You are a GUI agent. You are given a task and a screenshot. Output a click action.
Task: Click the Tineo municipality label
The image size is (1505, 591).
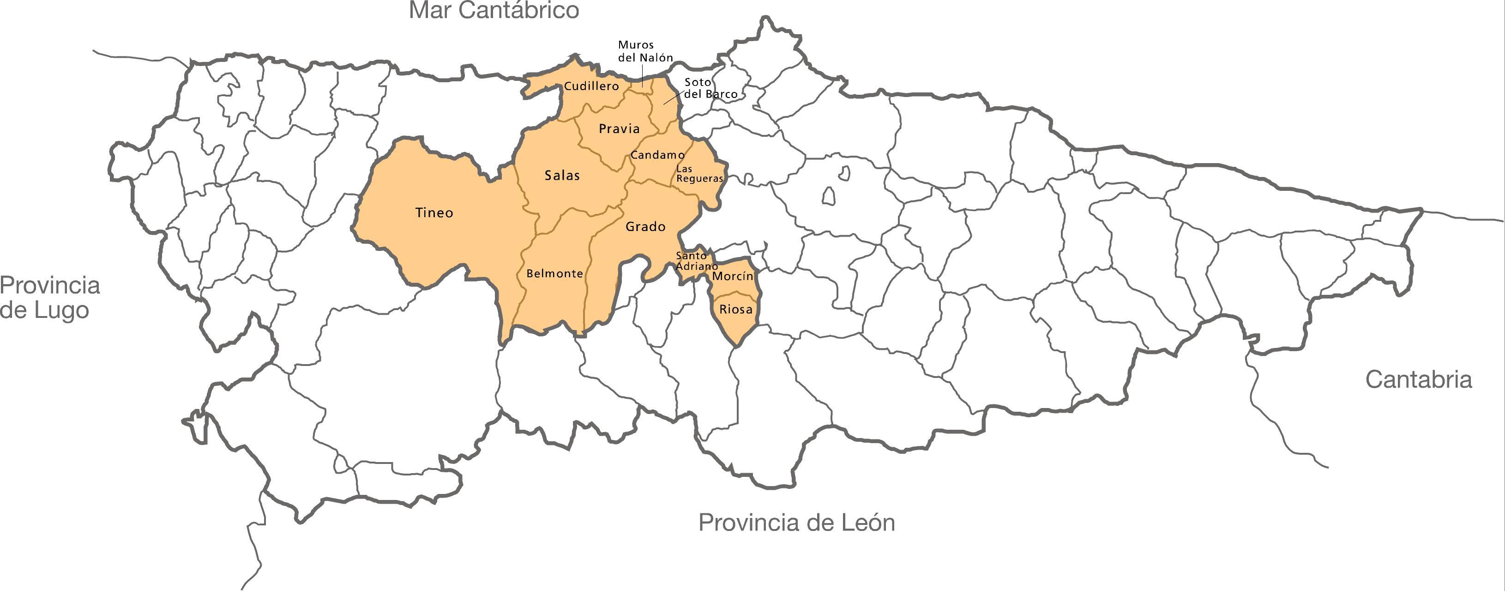coord(434,213)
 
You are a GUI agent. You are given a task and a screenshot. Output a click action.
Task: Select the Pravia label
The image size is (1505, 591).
coord(619,128)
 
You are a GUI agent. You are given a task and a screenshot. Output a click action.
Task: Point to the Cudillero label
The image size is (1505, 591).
coord(591,86)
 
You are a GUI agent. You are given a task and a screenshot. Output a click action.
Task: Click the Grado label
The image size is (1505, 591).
coord(645,226)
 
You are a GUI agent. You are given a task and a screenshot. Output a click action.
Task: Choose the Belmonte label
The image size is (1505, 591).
coord(554,273)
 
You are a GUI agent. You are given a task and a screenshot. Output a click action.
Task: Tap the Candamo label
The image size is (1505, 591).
coord(657,155)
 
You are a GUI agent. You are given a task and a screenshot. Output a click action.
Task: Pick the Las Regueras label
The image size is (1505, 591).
coord(699,174)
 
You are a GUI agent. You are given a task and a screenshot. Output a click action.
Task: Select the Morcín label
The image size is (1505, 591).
coord(733,276)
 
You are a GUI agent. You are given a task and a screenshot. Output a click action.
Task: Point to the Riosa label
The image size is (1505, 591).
coord(735,309)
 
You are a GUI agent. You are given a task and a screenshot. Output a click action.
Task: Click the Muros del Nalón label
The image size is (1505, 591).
coord(645,51)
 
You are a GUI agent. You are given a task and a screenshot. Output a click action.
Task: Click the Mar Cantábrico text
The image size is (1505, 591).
coord(494,11)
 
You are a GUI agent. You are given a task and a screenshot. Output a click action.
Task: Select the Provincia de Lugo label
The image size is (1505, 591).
coord(50,298)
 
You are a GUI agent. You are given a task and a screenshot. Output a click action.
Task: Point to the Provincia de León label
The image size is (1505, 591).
coord(797,522)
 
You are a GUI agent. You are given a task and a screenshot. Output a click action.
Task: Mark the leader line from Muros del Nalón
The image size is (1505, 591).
coord(643,76)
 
